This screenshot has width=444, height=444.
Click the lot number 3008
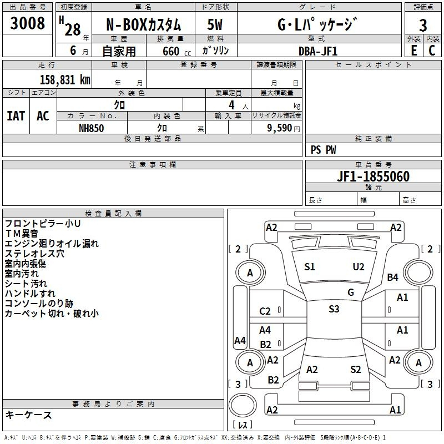[27, 23]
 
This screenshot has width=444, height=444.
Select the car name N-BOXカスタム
[143, 24]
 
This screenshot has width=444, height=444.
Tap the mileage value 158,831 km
[65, 79]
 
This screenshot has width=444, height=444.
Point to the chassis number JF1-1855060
[373, 176]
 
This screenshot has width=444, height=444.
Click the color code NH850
[91, 128]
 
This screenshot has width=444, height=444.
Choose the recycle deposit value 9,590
[280, 128]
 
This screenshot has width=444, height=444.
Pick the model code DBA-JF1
[318, 51]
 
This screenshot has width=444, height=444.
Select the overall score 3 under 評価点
[423, 26]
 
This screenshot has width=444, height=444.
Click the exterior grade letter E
[414, 51]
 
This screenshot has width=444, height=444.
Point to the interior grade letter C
[432, 51]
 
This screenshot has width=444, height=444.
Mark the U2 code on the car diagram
[358, 267]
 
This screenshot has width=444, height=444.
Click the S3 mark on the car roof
[334, 309]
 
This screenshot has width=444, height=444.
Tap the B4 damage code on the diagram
[392, 277]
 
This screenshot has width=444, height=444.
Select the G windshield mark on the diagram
[351, 292]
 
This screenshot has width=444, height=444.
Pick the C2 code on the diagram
[265, 311]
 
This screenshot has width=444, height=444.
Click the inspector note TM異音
[22, 234]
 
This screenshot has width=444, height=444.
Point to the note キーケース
[29, 415]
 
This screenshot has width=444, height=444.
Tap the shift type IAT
[16, 115]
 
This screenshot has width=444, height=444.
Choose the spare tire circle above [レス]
[243, 406]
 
